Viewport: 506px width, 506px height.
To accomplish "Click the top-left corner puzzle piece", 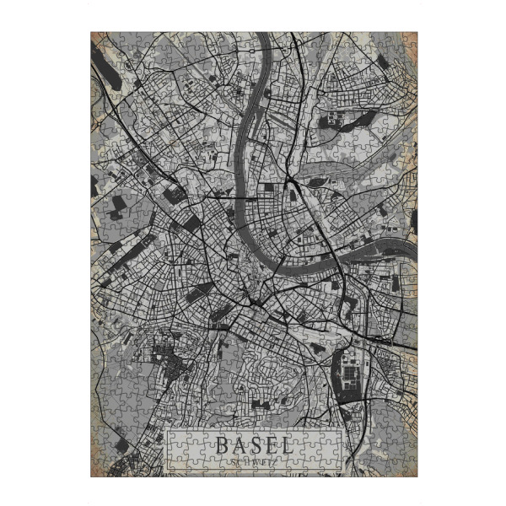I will tap(98, 39).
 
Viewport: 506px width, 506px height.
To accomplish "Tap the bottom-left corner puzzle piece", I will tap(98, 471).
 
